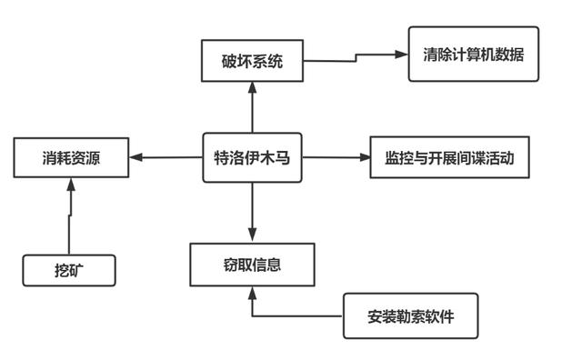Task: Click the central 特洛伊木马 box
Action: pyautogui.click(x=252, y=157)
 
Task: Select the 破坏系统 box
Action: pyautogui.click(x=252, y=62)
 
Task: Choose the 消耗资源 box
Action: pyautogui.click(x=71, y=157)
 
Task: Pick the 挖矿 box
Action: pyautogui.click(x=69, y=270)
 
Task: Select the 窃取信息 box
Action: pyautogui.click(x=252, y=265)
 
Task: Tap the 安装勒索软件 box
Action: pyautogui.click(x=410, y=316)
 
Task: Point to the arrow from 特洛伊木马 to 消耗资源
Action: pyautogui.click(x=166, y=157)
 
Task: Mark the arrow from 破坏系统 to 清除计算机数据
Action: pyautogui.click(x=355, y=57)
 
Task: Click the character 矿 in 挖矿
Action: pyautogui.click(x=78, y=270)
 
